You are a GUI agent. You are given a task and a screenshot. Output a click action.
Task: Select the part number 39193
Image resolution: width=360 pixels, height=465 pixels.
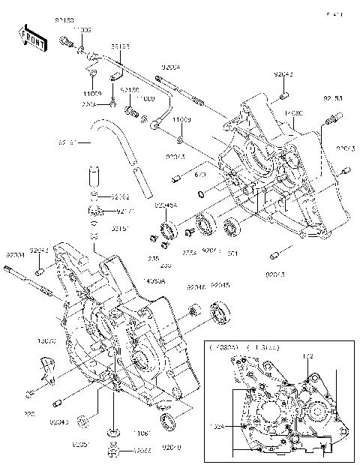coord(121,46)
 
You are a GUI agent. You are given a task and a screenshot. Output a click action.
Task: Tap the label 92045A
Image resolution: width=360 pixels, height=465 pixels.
coord(166,205)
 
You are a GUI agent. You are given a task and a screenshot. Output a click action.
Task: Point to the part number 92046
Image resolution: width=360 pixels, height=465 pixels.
coord(196,286)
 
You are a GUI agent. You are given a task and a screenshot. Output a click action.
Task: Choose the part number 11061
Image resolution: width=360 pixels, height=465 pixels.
coord(144,433)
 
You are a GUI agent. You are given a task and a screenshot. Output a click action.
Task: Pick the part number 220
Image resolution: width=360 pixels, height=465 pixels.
coord(28,412)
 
